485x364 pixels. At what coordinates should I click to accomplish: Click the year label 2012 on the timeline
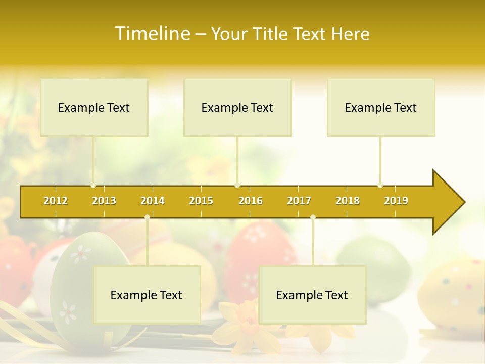click(x=56, y=201)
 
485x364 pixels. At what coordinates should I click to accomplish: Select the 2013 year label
click(x=104, y=201)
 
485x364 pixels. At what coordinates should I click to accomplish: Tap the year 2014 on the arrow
click(x=153, y=201)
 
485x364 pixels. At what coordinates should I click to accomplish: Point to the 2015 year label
click(x=201, y=201)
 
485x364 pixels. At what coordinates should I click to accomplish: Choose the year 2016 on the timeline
click(x=251, y=201)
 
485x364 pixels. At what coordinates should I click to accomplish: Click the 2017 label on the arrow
click(x=299, y=201)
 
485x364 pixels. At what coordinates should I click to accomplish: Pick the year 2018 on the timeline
click(x=348, y=201)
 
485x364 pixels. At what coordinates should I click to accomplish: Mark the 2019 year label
click(x=396, y=201)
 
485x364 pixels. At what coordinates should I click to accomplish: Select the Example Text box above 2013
click(x=94, y=107)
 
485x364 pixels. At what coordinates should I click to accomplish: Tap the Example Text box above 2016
click(x=237, y=107)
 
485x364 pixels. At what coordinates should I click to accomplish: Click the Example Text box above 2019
click(x=381, y=107)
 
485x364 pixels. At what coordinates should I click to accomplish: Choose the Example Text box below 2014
click(x=147, y=295)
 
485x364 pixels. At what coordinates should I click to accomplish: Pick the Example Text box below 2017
click(x=312, y=295)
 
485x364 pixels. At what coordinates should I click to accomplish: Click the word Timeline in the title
click(x=152, y=34)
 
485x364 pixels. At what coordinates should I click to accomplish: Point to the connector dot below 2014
click(x=147, y=217)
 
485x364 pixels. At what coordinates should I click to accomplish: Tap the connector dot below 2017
click(x=313, y=217)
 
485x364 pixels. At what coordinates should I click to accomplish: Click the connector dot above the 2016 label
click(x=237, y=186)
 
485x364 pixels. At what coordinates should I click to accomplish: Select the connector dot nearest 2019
click(x=380, y=186)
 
